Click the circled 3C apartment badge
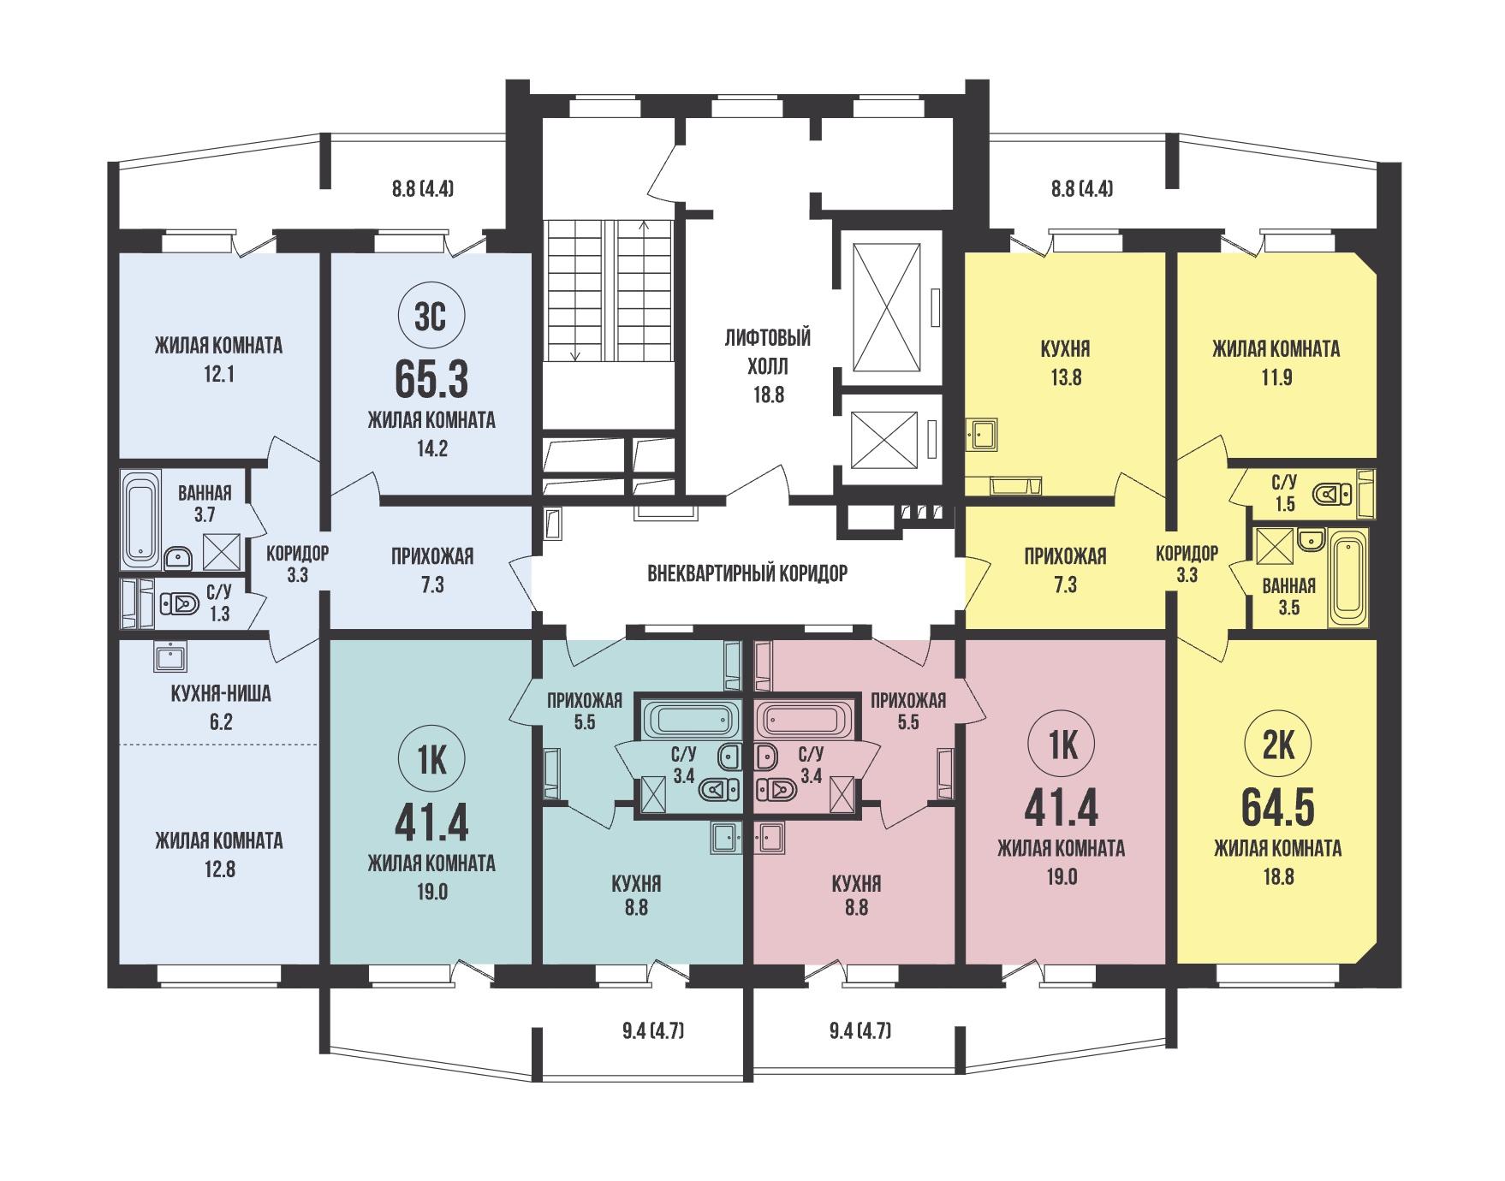431,317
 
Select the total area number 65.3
431,380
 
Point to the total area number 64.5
1277,808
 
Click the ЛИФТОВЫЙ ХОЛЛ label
768,352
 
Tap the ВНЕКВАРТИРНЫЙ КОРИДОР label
747,573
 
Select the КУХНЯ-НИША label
221,693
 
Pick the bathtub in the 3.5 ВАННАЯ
1350,578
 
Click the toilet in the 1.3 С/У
181,604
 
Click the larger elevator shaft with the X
888,306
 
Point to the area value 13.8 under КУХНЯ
1066,377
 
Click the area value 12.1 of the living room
219,374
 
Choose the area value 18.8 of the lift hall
768,395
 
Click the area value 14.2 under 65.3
431,448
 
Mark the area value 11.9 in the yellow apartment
1276,377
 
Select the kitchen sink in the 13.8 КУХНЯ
981,434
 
